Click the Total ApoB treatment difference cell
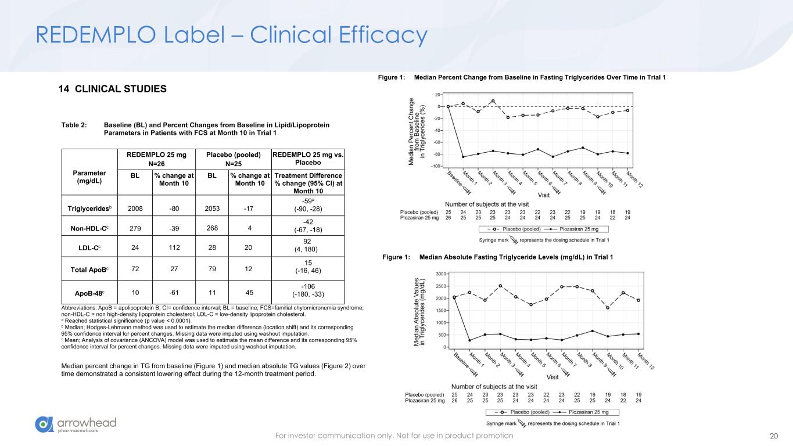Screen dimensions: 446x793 [x=308, y=267]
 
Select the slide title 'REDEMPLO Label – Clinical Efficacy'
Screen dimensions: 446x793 [x=231, y=35]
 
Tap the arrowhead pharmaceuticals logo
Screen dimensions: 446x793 [x=76, y=425]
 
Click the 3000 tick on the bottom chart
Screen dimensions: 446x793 [x=440, y=274]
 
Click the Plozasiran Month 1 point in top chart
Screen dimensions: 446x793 [x=463, y=157]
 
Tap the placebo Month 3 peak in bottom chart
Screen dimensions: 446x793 [x=500, y=286]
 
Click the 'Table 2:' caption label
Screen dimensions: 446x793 [x=74, y=125]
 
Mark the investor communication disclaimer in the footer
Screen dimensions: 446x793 [x=394, y=436]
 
